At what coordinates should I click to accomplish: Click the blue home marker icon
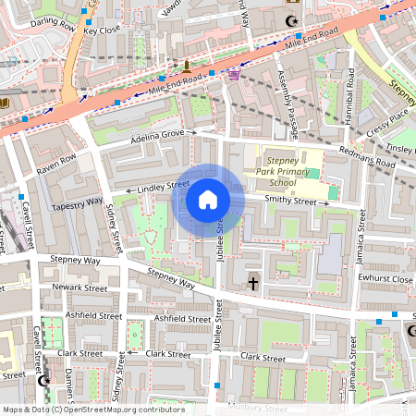208,199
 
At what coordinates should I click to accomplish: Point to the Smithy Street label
290,200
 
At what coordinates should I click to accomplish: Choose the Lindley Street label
163,188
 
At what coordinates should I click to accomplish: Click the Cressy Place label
386,119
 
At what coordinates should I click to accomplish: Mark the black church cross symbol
253,284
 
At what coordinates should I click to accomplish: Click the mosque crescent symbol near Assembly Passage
295,20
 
